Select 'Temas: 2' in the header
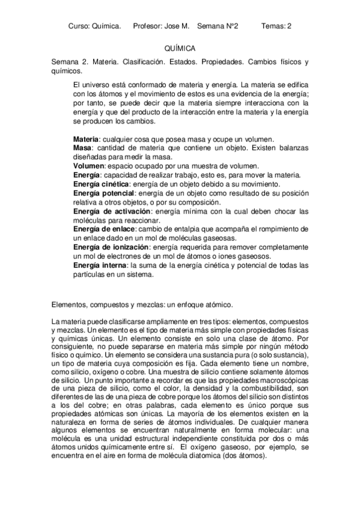pyautogui.click(x=277, y=26)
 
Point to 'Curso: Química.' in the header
pyautogui.click(x=95, y=26)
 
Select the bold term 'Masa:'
pyautogui.click(x=83, y=148)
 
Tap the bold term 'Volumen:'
pyautogui.click(x=90, y=166)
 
